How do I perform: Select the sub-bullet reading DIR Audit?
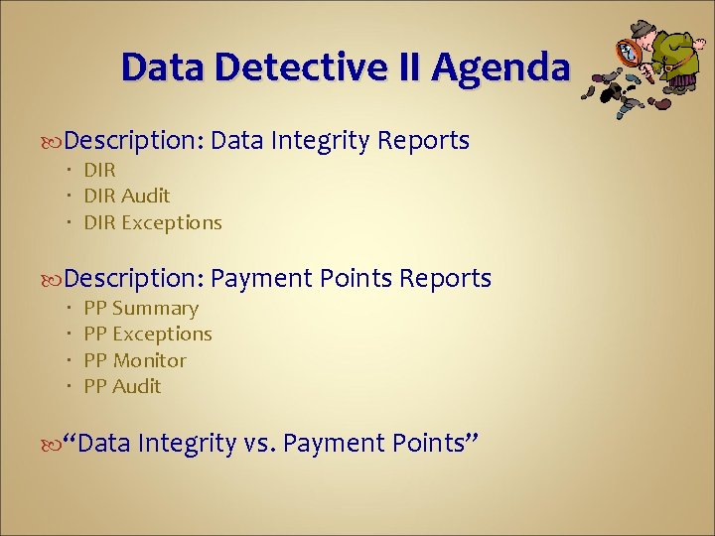coord(127,196)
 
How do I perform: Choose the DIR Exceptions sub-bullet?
coord(153,222)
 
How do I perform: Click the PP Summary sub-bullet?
coord(141,309)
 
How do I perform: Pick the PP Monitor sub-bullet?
coord(135,360)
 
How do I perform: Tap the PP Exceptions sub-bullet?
coord(148,335)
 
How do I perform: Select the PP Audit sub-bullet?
coord(122,386)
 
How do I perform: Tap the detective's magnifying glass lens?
coord(630,52)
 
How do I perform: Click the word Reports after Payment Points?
coord(445,279)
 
